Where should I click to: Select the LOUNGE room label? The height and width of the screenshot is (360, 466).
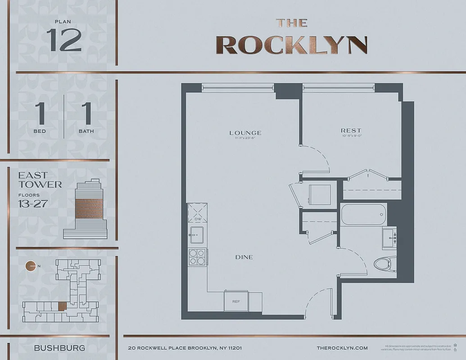(x=245, y=133)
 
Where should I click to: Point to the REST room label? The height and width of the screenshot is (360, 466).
(x=351, y=131)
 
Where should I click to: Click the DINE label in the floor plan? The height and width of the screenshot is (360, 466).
(x=244, y=257)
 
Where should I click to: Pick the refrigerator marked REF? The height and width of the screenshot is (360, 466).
(x=235, y=301)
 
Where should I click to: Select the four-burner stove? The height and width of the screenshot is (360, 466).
(x=197, y=257)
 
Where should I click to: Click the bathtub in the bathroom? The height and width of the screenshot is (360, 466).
(x=364, y=215)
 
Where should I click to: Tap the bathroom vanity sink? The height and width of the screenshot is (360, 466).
(x=389, y=238)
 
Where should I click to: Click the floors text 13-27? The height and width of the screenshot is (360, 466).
(x=32, y=203)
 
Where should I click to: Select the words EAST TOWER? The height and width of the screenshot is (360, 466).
(x=40, y=180)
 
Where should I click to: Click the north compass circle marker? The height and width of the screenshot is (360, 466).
(x=31, y=266)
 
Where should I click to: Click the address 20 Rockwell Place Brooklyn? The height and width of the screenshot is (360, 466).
(x=185, y=348)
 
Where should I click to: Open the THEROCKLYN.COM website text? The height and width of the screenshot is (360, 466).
(x=342, y=348)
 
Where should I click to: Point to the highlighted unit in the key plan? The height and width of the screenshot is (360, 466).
(x=62, y=306)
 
